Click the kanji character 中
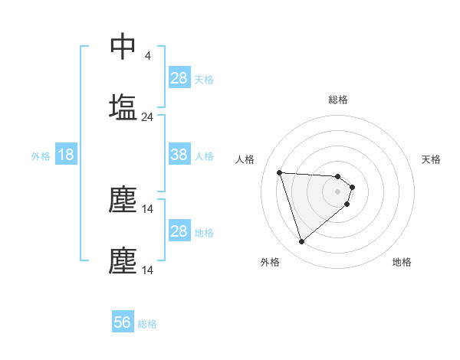click(123, 46)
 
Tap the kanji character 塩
click(123, 106)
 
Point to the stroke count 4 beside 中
click(147, 56)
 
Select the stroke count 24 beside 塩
click(147, 117)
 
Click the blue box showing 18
click(66, 155)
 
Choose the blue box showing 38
click(179, 155)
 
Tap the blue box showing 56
click(123, 322)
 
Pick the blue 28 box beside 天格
click(179, 77)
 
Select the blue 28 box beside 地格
click(179, 231)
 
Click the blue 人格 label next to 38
click(204, 156)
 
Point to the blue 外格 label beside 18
click(41, 156)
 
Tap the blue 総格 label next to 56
click(147, 324)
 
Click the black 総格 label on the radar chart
click(338, 100)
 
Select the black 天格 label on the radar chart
click(432, 159)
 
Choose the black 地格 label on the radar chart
click(402, 262)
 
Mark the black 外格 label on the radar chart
click(270, 262)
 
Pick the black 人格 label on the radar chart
click(245, 159)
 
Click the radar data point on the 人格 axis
click(280, 172)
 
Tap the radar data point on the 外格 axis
click(301, 242)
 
